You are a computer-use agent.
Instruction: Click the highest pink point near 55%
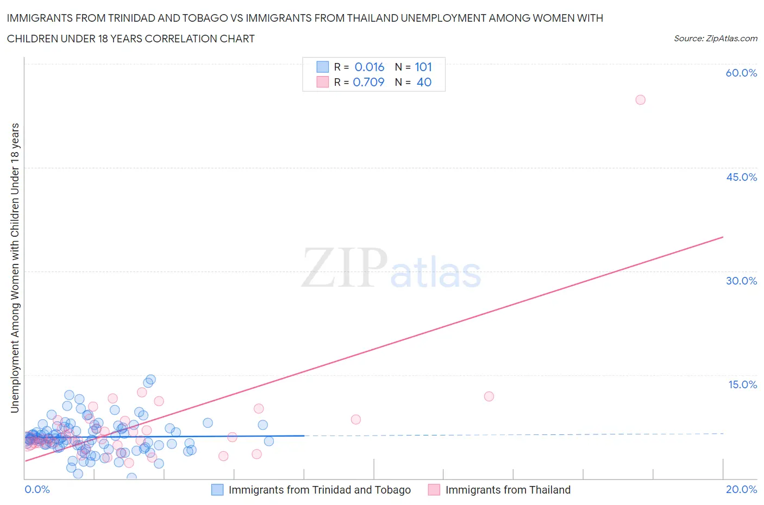[640, 100]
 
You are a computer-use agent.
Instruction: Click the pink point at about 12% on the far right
[489, 396]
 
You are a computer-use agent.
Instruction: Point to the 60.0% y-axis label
[741, 73]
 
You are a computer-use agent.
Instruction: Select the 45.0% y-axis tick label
[741, 177]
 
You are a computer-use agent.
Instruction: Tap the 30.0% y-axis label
[741, 281]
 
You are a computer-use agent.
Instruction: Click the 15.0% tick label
[742, 384]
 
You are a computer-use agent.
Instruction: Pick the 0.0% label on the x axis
[37, 489]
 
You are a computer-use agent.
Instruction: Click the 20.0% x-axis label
[741, 489]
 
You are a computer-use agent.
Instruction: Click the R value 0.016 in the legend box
[369, 67]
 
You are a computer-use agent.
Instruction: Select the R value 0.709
[368, 82]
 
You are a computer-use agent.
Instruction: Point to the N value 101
[423, 67]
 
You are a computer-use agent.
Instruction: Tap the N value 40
[424, 82]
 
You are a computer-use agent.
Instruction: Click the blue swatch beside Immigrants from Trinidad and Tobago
[217, 490]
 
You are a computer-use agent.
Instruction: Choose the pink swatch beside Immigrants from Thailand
[434, 490]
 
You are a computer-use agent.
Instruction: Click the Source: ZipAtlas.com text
[715, 39]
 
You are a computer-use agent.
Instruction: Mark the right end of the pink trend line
[723, 237]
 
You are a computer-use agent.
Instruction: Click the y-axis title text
[15, 267]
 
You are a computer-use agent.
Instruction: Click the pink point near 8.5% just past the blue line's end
[355, 419]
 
